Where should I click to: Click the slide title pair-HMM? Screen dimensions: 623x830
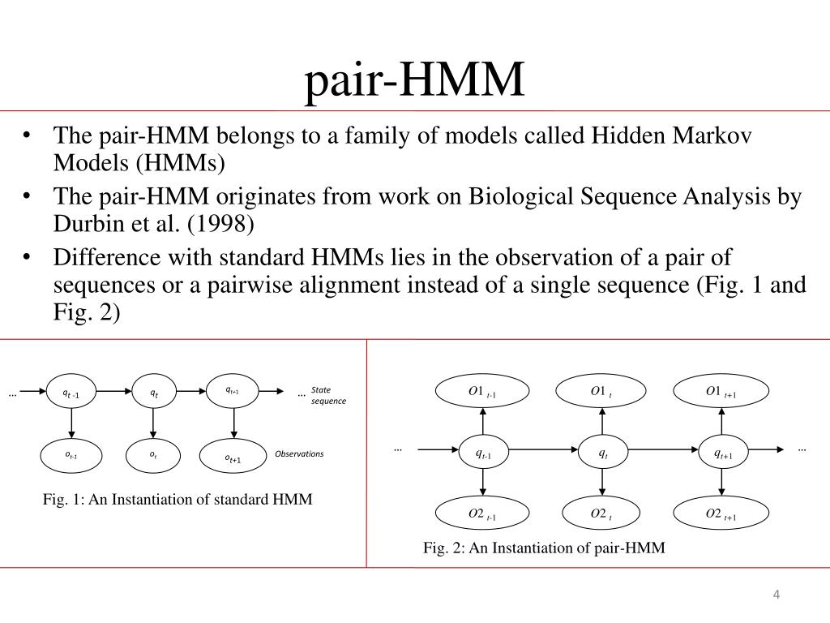[414, 82]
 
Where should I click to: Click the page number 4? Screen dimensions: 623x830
[776, 597]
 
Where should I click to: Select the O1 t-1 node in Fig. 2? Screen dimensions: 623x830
[483, 393]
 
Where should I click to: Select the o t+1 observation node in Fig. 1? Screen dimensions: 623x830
[233, 458]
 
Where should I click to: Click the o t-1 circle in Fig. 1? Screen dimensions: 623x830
[71, 455]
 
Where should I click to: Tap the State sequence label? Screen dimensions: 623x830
[328, 395]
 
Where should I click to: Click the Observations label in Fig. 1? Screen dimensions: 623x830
[299, 453]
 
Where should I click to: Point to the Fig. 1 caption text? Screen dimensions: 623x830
[178, 499]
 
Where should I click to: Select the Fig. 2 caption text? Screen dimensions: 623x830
[544, 548]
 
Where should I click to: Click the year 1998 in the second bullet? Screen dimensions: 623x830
[235, 224]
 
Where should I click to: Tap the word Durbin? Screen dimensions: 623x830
[82, 224]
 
